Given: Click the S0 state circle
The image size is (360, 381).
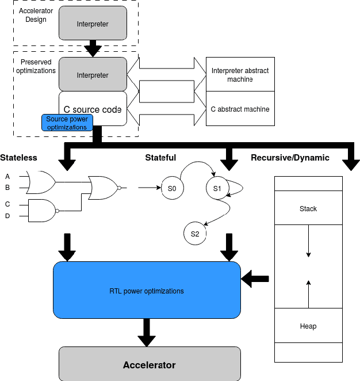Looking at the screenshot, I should tap(172, 188).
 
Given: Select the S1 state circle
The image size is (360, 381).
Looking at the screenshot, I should tap(217, 188).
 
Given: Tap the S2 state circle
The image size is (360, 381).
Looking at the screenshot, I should tap(195, 234).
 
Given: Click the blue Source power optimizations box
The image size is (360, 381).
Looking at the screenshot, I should tap(67, 123).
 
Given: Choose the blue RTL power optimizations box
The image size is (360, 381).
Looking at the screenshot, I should tap(147, 291).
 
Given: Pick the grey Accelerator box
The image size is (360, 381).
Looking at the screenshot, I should tap(149, 365).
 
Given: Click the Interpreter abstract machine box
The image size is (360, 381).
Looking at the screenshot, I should tap(240, 75).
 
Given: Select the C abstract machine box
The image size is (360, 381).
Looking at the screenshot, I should tap(240, 109).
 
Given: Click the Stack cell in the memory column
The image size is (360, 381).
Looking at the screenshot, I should tap(308, 208).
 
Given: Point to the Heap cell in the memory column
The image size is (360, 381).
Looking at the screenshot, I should tap(308, 326).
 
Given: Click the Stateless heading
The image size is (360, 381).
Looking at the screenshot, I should tap(18, 158).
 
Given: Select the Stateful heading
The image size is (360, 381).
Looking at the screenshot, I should tap(160, 158).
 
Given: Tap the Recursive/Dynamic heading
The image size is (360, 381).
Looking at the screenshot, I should tap(290, 158).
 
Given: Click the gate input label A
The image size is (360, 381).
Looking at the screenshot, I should tap(7, 176).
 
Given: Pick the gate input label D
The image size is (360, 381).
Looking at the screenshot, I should tap(7, 216).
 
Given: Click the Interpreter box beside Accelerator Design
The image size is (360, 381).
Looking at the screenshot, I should tap(93, 24).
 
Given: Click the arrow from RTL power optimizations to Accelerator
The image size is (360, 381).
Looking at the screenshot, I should tap(147, 333).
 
